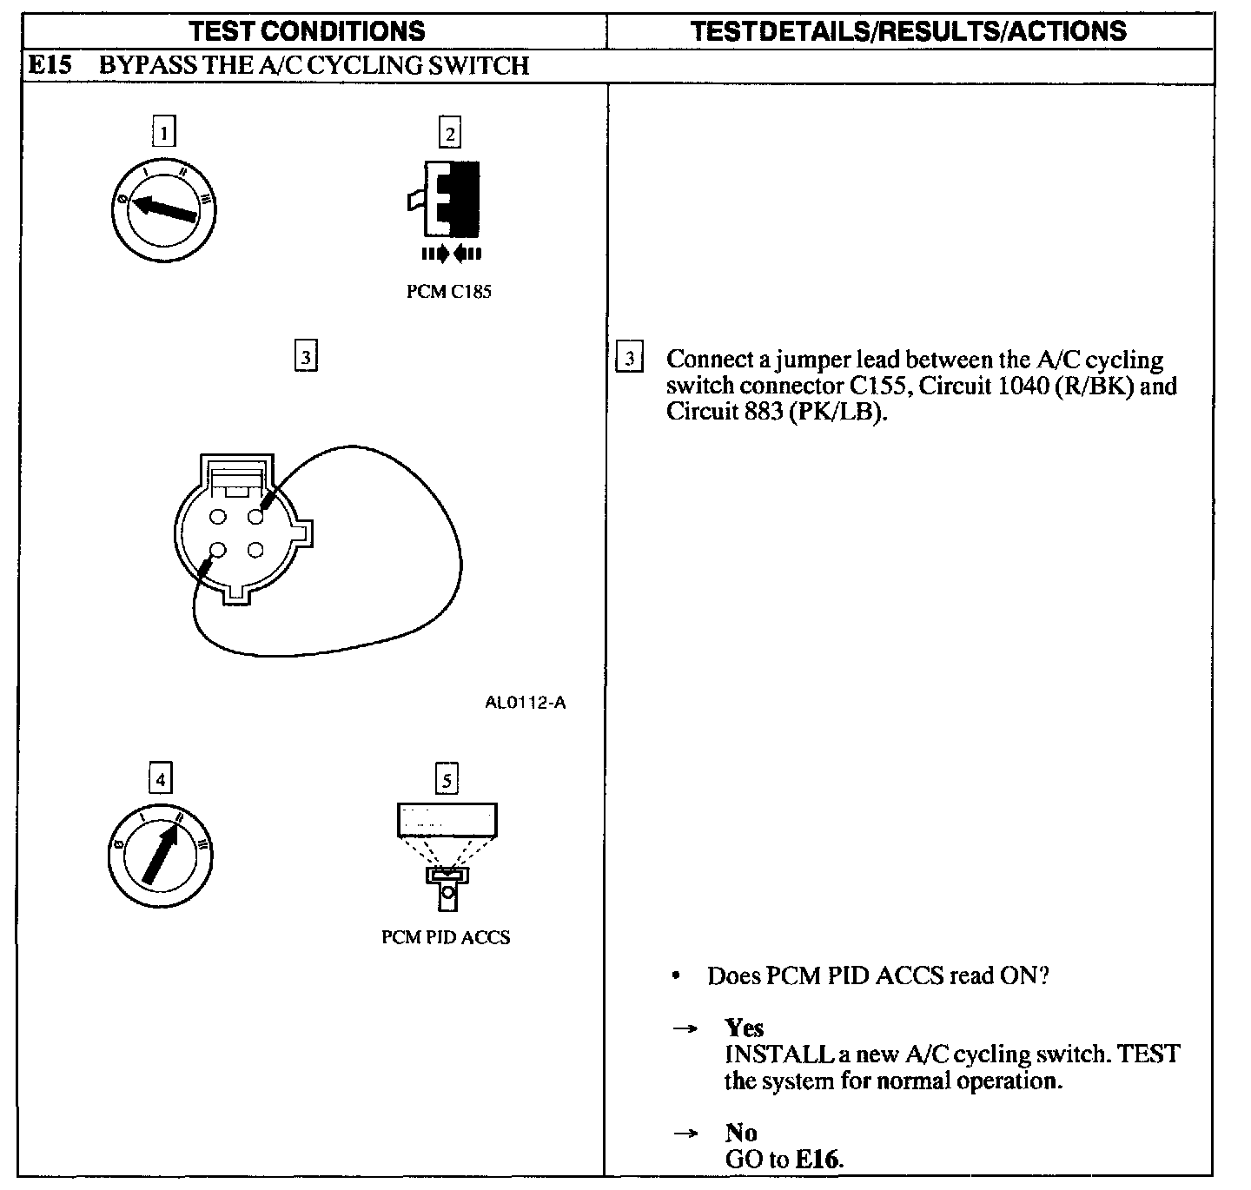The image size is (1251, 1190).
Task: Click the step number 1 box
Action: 162,132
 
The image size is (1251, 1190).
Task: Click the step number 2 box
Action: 449,133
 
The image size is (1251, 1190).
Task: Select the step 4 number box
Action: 160,778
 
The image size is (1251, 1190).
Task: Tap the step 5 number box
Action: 447,779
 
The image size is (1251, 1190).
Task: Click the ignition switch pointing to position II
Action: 161,855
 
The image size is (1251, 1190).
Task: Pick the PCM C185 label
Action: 448,292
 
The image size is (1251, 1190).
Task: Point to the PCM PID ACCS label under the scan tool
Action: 446,937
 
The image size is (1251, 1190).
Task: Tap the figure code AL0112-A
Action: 525,702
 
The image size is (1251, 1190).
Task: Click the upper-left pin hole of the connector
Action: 218,517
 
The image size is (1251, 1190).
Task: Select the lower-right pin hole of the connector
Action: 255,550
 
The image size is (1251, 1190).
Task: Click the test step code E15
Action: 50,65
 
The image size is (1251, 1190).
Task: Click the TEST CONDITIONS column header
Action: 308,31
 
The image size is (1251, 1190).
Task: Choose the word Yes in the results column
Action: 744,1028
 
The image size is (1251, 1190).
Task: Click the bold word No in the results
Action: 740,1133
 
